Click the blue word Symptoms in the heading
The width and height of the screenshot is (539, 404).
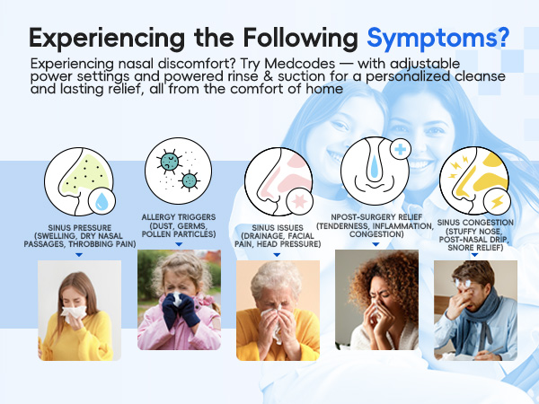point(437,39)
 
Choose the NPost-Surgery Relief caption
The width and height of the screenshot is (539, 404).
point(376,230)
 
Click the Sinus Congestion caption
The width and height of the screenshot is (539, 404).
point(477,236)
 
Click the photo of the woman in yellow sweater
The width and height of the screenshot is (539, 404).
point(79,310)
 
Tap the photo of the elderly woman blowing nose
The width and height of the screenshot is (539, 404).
point(277,310)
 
